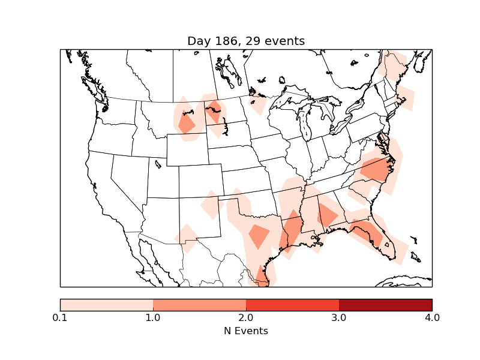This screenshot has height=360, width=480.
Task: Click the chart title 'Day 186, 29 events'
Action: pos(246,41)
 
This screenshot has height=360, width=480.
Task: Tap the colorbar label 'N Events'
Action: pos(246,331)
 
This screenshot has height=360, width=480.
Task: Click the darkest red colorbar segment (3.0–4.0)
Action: pos(385,304)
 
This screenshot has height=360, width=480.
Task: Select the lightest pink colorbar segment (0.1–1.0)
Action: pos(106,304)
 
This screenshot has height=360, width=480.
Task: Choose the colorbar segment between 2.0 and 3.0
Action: pos(292,304)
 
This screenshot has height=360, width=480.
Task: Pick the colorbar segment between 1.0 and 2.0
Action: pos(199,304)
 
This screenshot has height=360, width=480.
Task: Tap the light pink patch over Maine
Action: pos(394,63)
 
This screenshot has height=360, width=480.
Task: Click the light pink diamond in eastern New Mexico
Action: pos(210,206)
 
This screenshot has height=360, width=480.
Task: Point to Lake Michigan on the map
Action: pos(304,125)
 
